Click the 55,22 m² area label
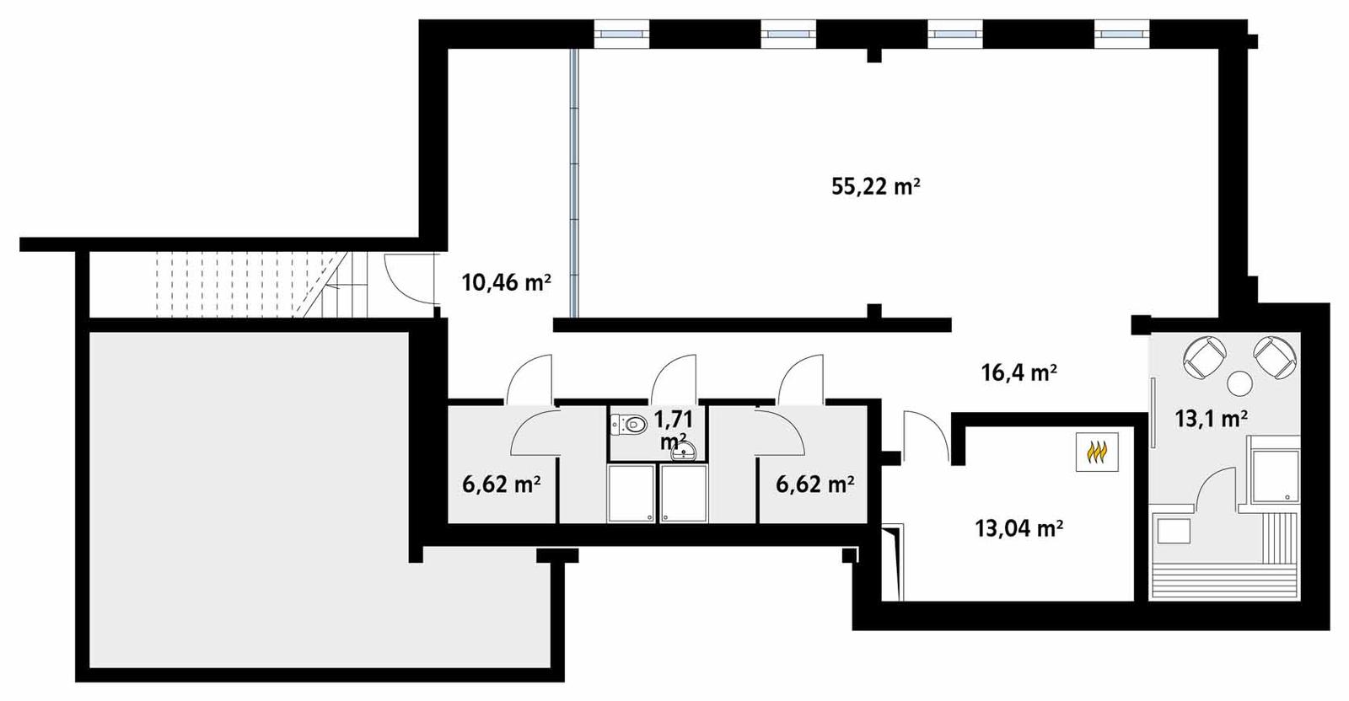[874, 186]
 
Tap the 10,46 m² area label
[506, 282]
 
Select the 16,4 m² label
[1018, 372]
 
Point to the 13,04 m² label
[1018, 529]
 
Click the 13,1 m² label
[1211, 418]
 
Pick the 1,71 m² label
[673, 427]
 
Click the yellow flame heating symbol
[1097, 453]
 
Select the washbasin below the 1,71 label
[683, 453]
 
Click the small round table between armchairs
[1240, 384]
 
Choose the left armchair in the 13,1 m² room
[1204, 356]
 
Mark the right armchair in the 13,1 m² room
[1274, 356]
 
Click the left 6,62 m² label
[501, 484]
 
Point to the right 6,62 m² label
[814, 484]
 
